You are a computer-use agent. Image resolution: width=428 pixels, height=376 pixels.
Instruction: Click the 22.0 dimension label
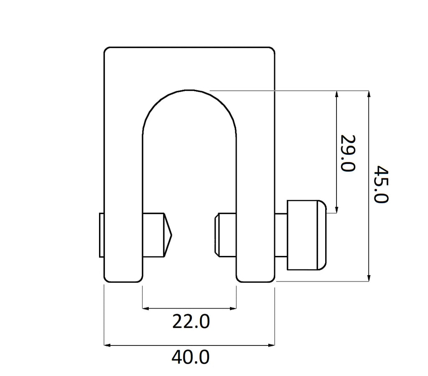pyautogui.click(x=191, y=321)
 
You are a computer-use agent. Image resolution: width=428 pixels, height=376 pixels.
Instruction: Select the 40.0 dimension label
pyautogui.click(x=191, y=357)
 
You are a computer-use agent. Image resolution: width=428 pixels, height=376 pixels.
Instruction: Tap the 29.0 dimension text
pyautogui.click(x=348, y=153)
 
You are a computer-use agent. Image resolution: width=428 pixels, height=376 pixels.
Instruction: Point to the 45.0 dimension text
pyautogui.click(x=381, y=184)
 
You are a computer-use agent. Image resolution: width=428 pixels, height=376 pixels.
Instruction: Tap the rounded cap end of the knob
pyautogui.click(x=322, y=235)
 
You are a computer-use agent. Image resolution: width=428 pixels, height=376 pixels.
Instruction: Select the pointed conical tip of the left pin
pyautogui.click(x=168, y=235)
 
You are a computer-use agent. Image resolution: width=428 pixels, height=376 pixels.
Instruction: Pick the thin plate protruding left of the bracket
pyautogui.click(x=101, y=235)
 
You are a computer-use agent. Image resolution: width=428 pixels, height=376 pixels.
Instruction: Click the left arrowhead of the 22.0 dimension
pyautogui.click(x=145, y=309)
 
